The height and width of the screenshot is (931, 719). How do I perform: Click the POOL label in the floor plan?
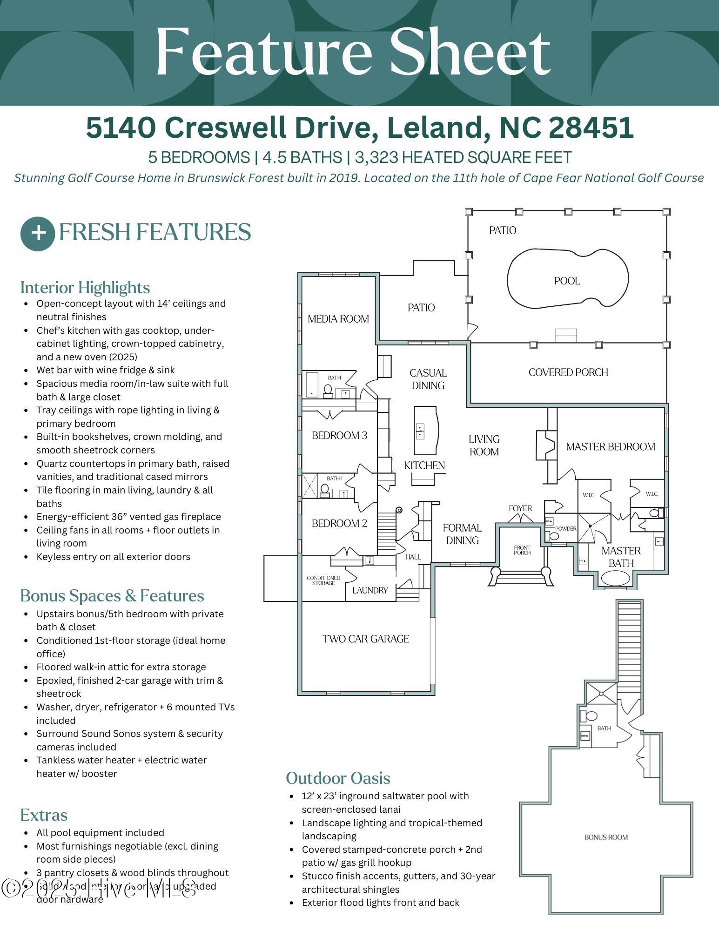coord(566,281)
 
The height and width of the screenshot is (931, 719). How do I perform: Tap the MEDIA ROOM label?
coord(338,319)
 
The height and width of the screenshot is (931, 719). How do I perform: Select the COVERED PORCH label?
coord(568,372)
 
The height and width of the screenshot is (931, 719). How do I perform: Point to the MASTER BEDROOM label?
coord(610,447)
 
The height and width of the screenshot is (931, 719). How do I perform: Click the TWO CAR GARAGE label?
coord(366,639)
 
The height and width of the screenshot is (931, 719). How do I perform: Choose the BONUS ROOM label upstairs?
coord(606,837)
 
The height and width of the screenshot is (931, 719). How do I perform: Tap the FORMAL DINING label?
coord(462,534)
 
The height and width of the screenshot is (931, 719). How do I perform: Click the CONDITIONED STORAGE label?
coord(323,580)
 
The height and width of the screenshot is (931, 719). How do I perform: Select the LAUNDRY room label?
coord(370,590)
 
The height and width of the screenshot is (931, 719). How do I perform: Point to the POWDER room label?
coord(566,529)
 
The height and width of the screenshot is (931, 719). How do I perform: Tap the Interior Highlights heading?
coord(85,288)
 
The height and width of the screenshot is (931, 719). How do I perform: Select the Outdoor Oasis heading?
coord(338,778)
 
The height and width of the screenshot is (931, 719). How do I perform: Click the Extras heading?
coord(44,815)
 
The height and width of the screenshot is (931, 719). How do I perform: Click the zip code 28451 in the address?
coord(591,128)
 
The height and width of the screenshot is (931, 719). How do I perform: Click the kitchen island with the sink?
coord(426,431)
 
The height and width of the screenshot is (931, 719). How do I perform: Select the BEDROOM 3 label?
coord(339,436)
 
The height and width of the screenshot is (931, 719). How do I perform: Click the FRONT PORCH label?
coord(522,550)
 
